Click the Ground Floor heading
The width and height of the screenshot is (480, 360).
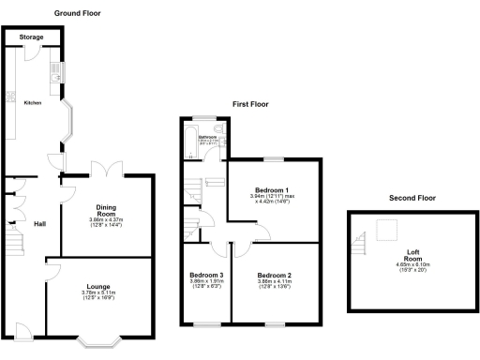77,14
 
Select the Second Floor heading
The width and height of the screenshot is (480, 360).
412,198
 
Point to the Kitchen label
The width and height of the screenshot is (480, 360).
32,102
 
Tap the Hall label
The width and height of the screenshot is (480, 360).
40,223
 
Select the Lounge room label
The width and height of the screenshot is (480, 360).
99,286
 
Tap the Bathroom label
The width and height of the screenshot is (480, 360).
207,138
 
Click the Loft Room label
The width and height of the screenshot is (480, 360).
412,254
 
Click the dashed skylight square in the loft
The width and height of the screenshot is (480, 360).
386,229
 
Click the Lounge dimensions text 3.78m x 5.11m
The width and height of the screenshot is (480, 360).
99,293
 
